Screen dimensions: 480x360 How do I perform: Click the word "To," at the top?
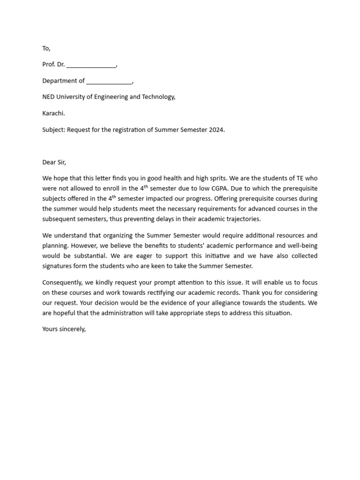click(x=46, y=48)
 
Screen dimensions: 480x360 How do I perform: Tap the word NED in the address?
click(x=49, y=97)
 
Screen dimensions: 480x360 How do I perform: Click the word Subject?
click(x=53, y=130)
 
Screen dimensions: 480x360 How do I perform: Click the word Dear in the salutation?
click(x=49, y=162)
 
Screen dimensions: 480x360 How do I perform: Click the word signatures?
click(x=57, y=266)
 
